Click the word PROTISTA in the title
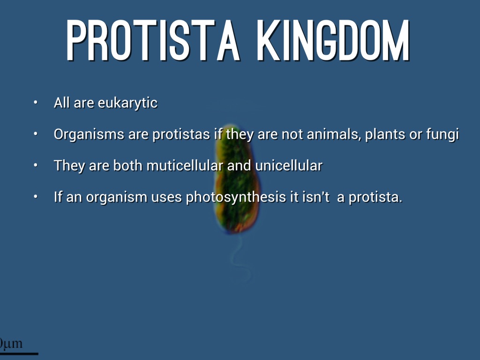pyautogui.click(x=152, y=40)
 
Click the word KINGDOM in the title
pyautogui.click(x=333, y=40)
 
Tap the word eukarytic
pyautogui.click(x=127, y=103)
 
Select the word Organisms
pyautogui.click(x=89, y=135)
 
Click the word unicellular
pyautogui.click(x=289, y=165)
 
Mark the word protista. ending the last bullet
pyautogui.click(x=375, y=197)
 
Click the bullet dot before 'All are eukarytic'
pyautogui.click(x=36, y=103)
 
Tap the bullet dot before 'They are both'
pyautogui.click(x=36, y=165)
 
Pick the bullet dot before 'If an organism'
pyautogui.click(x=36, y=196)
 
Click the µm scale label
pyautogui.click(x=11, y=343)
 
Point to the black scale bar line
pyautogui.click(x=19, y=353)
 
